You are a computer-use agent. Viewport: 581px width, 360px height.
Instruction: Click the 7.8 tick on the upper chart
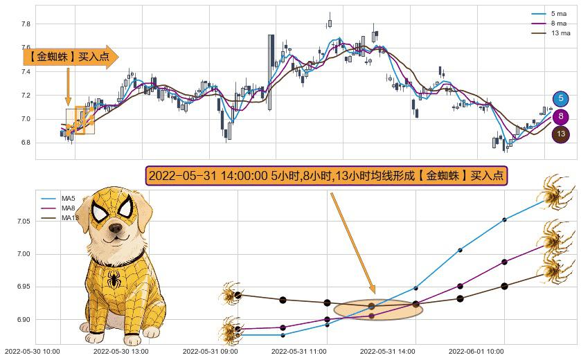pos(26,24)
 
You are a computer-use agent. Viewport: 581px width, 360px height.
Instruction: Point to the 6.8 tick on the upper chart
pos(26,143)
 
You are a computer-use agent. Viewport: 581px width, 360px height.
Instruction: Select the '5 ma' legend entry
pos(558,14)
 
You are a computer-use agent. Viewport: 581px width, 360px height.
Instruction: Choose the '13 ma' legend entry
pos(560,33)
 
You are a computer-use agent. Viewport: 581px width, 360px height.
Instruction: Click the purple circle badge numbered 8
pos(560,117)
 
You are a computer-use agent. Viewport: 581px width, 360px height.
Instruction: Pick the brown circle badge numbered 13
pos(560,134)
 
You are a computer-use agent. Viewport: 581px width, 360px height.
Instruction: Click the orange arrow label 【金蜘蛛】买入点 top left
pos(70,57)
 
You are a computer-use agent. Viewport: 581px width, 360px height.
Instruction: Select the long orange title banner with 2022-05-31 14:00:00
pos(326,176)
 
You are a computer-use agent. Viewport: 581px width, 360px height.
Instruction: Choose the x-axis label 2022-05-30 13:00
pos(120,351)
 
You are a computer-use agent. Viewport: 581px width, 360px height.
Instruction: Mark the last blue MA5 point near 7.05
pos(504,219)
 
